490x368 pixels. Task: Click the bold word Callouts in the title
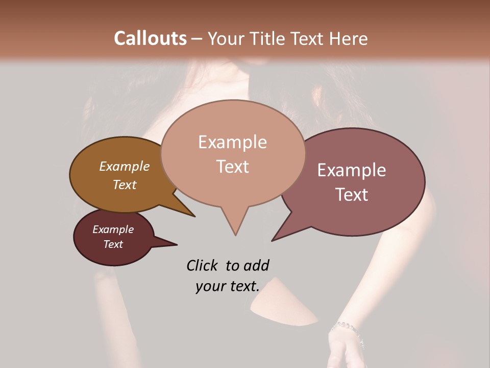coord(150,38)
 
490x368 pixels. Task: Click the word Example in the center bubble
coord(232,142)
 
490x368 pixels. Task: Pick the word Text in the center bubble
coord(232,167)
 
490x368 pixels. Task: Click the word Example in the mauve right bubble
coord(352,170)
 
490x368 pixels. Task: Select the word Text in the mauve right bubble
coord(352,195)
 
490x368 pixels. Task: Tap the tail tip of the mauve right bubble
coord(273,240)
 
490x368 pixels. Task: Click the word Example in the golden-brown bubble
coord(124,166)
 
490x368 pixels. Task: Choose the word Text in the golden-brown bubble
coord(124,185)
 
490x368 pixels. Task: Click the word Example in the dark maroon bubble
coord(113,229)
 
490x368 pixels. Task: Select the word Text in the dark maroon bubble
coord(113,244)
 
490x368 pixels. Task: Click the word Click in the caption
coord(202,265)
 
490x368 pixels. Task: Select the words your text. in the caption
coord(227,286)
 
